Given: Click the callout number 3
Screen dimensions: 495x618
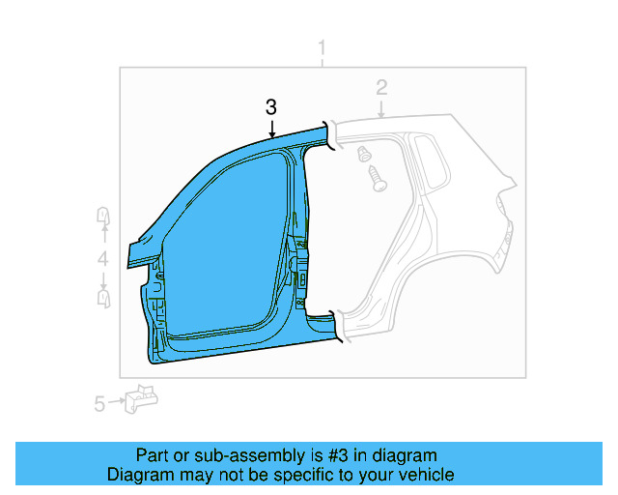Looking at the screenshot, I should (x=271, y=106).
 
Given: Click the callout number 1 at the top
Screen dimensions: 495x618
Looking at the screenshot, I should (x=323, y=49).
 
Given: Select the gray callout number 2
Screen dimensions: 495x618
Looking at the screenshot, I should (x=381, y=88).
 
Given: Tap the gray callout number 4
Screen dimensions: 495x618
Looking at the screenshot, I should (x=102, y=258).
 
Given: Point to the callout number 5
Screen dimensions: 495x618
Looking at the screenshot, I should (x=99, y=404).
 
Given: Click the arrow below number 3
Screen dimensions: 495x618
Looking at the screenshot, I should (x=271, y=126).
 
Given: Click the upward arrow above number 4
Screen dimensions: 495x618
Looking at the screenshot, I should (x=102, y=237).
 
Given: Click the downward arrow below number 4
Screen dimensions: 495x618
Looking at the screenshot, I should (x=102, y=279).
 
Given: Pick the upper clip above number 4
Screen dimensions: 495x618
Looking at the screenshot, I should (x=102, y=217).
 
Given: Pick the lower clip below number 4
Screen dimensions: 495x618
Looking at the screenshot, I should (x=103, y=299).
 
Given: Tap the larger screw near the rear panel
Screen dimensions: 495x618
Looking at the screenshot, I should (x=376, y=177).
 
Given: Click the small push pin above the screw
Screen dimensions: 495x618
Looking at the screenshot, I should (x=364, y=154).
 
